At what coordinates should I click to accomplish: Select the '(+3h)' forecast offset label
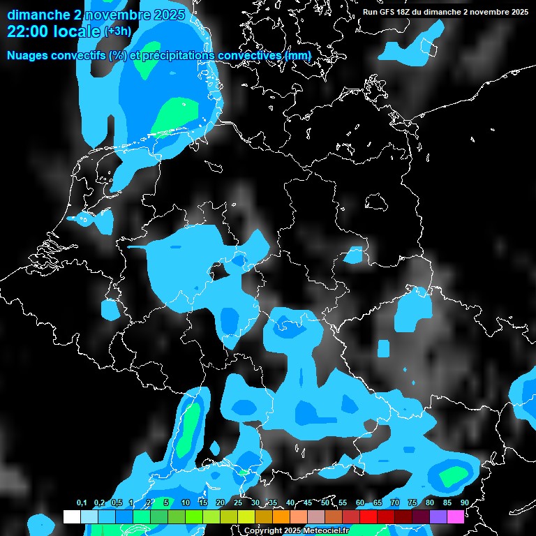coord(117,31)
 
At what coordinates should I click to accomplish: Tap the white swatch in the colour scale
coord(72,517)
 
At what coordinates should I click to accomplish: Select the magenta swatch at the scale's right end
coord(456,517)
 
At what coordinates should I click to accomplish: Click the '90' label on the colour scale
coord(464,503)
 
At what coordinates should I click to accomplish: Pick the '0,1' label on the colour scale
coord(81,503)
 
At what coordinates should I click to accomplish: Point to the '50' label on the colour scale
coord(325,503)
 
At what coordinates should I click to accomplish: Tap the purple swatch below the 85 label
coord(438,517)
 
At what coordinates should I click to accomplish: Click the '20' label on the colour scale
coord(221,503)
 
